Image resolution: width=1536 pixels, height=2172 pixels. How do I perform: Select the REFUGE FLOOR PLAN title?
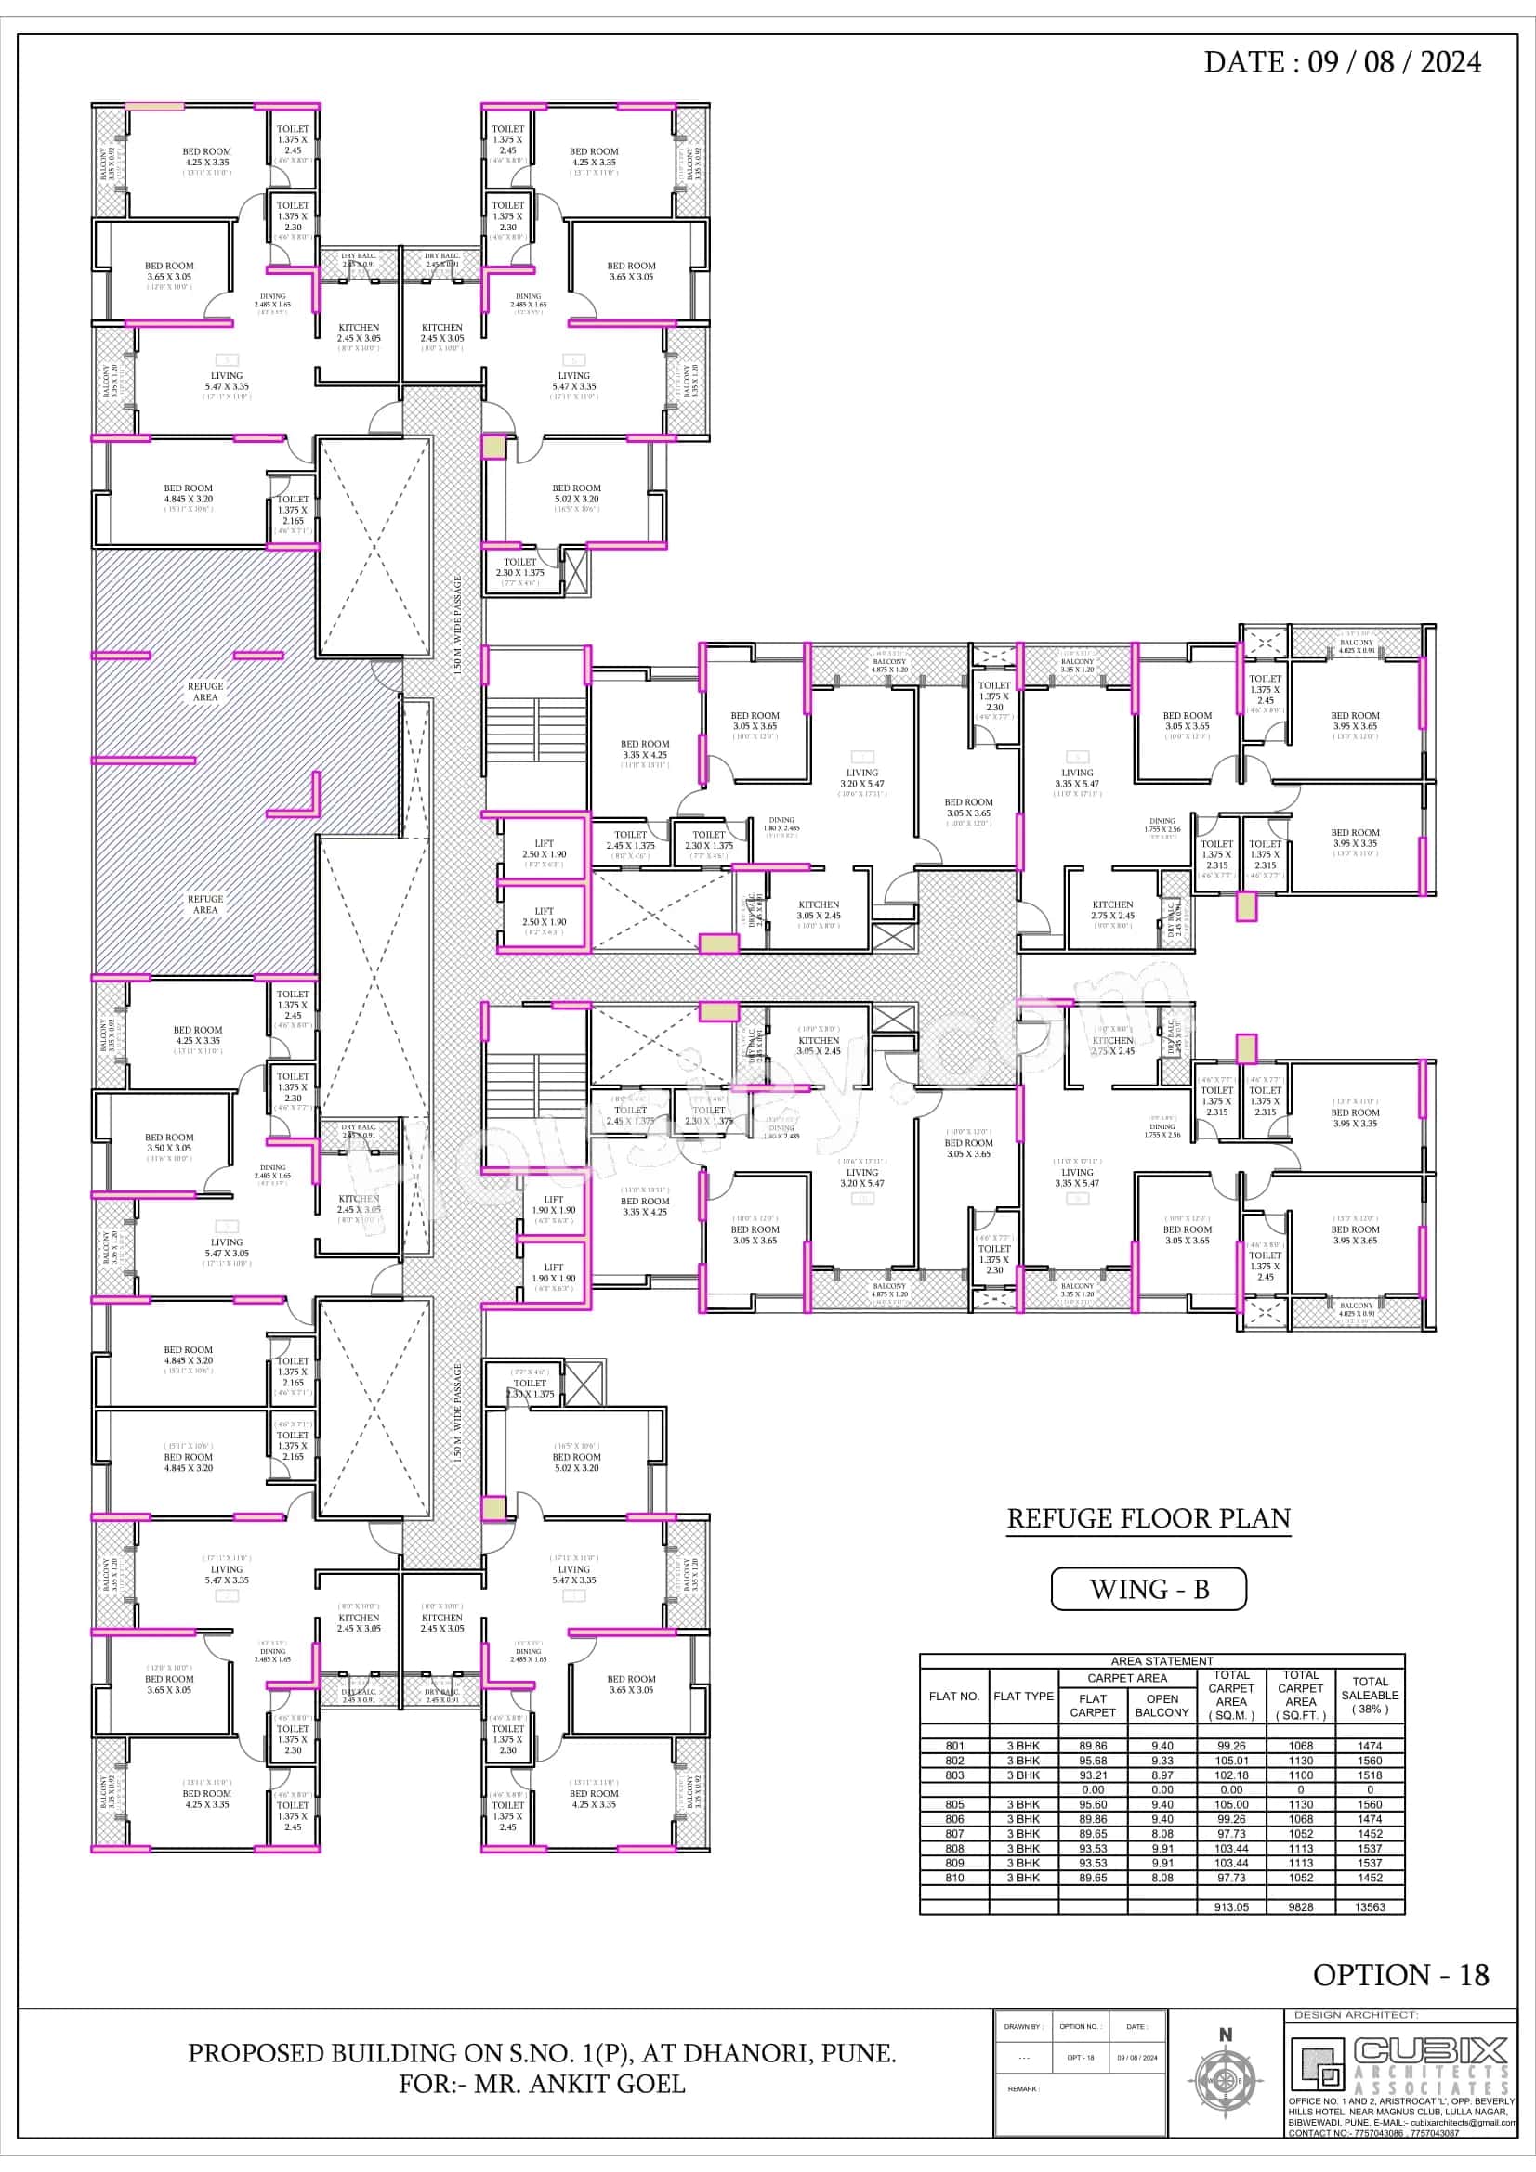click(1148, 1518)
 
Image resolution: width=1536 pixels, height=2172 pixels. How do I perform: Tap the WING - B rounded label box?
click(1148, 1589)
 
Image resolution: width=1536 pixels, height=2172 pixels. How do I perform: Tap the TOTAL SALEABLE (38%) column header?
click(1370, 1696)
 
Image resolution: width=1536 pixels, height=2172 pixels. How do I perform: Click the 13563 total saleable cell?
click(1370, 1907)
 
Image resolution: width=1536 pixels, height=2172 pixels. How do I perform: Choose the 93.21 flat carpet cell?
click(1093, 1775)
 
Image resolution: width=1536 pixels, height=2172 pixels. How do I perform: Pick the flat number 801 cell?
click(954, 1747)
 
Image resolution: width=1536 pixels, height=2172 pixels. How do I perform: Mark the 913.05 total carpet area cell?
click(1231, 1907)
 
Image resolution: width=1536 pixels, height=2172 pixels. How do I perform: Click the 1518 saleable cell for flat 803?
click(1370, 1775)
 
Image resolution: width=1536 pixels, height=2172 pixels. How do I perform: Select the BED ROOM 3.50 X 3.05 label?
click(169, 1143)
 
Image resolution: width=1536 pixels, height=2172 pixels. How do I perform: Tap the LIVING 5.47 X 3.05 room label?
click(227, 1248)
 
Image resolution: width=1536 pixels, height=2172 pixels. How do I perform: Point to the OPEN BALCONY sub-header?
click(1162, 1706)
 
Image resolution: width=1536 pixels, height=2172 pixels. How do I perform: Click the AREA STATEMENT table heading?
click(1162, 1661)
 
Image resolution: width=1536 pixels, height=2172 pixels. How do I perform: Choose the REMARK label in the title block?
click(1023, 2088)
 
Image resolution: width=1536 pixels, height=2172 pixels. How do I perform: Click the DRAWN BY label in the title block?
click(1023, 2027)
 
